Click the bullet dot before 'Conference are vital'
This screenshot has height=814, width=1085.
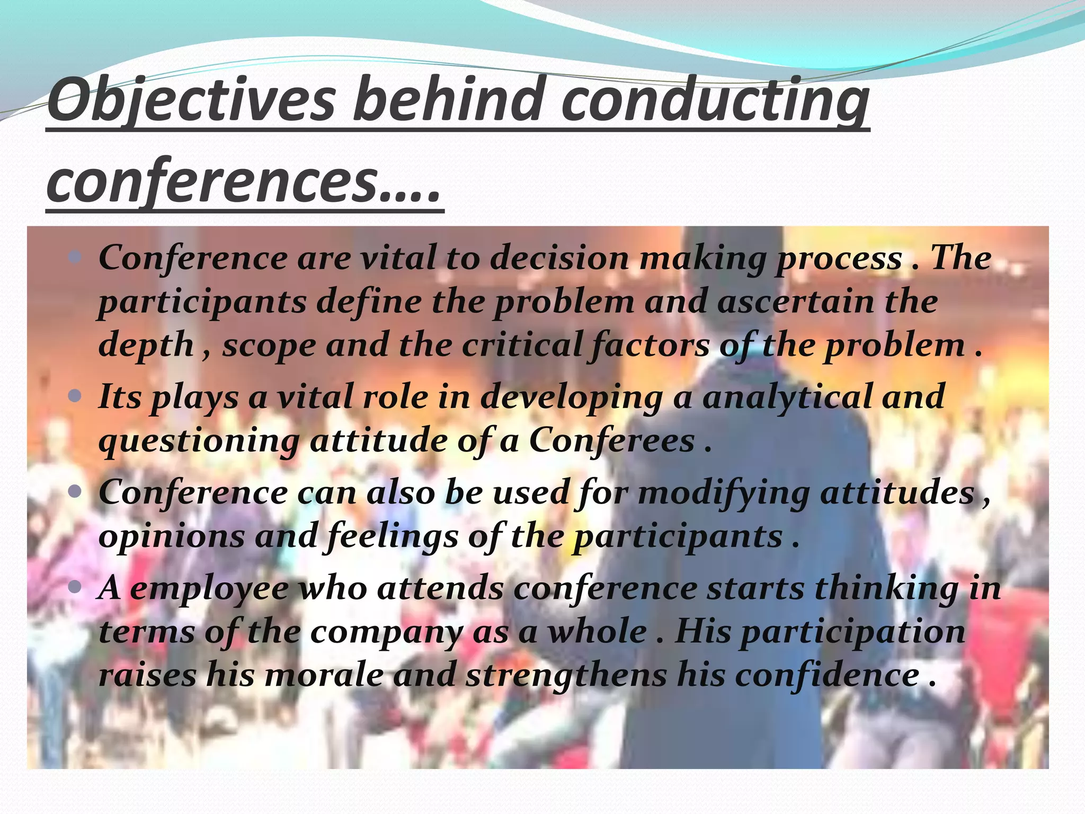75,258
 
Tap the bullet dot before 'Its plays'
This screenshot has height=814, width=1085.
75,396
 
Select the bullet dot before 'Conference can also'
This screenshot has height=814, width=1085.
75,492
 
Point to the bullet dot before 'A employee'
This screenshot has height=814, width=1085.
75,588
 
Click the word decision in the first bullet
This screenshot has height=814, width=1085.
558,258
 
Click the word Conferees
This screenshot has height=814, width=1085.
612,440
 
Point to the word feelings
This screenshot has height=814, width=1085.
393,536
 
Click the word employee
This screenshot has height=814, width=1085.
209,589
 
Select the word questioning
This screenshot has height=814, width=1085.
199,441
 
